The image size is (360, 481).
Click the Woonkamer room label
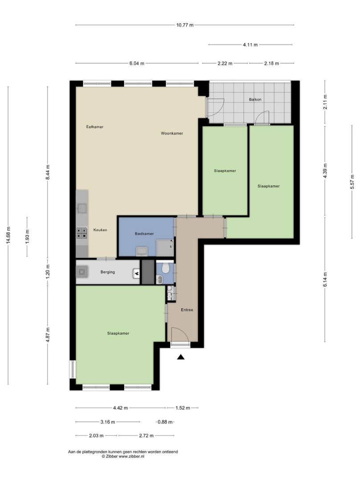[172, 133]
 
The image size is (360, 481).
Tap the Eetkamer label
[95, 126]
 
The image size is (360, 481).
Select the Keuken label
[100, 230]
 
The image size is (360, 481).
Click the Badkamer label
[144, 234]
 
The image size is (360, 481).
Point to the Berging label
[108, 272]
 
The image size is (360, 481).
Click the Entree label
[187, 310]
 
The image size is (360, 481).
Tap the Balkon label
[255, 99]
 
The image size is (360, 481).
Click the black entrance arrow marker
[181, 357]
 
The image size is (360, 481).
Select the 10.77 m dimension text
[185, 25]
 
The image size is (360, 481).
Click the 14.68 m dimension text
[8, 235]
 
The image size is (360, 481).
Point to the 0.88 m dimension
[165, 422]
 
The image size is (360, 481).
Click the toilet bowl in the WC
[166, 268]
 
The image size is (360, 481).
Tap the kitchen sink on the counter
[82, 208]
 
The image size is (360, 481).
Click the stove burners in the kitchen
[82, 233]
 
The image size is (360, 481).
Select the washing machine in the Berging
[82, 272]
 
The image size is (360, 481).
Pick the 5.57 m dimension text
[352, 182]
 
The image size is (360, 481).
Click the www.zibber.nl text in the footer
[131, 456]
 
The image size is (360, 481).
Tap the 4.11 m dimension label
[251, 45]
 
